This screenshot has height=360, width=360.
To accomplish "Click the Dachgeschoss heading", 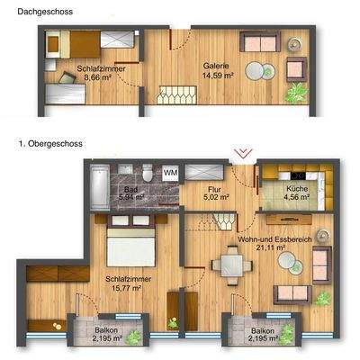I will tap(40, 11).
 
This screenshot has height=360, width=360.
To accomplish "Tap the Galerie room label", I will tap(216, 66).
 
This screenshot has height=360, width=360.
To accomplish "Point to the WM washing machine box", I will tap(170, 171).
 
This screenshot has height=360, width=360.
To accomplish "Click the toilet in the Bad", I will tap(146, 171).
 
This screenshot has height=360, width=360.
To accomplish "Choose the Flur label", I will tap(214, 190).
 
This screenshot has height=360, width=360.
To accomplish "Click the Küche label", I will tap(297, 190).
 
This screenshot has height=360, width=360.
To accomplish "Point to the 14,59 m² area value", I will tap(216, 76).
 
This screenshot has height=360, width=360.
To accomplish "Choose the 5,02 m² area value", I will tap(214, 199).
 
